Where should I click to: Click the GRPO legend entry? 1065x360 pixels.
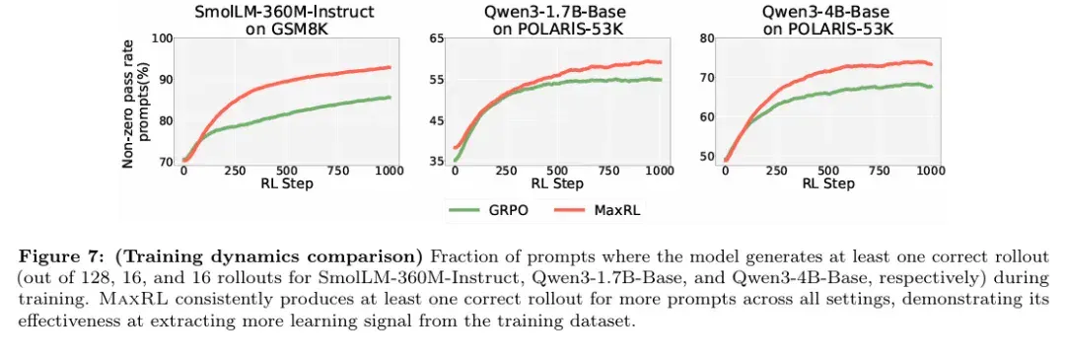(x=488, y=210)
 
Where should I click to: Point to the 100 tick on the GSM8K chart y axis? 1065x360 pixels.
(x=163, y=38)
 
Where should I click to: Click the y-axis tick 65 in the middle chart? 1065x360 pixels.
(x=435, y=38)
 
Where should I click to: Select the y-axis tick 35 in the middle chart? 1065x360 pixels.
(x=435, y=162)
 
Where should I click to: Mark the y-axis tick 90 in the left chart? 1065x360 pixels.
(x=166, y=80)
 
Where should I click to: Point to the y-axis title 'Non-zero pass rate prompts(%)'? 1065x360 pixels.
(x=135, y=101)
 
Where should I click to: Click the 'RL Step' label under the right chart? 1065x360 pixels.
(x=826, y=184)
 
